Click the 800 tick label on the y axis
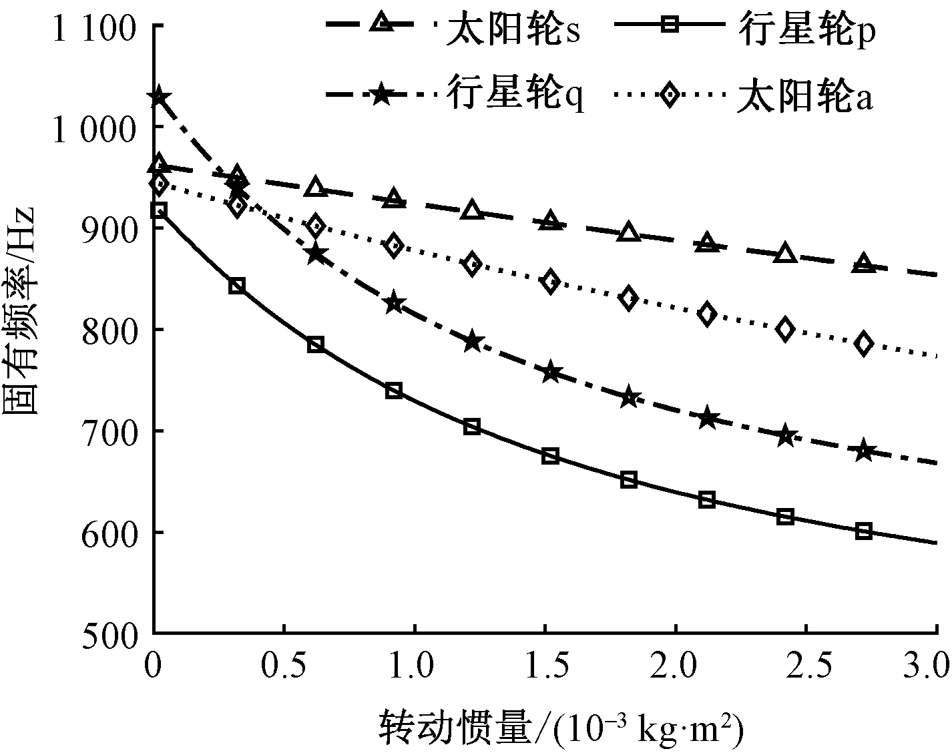pos(109,330)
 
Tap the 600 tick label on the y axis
pos(109,533)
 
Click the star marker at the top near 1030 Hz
pos(158,97)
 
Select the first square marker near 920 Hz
pos(158,211)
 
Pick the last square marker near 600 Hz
pos(863,531)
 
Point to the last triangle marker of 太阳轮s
pos(863,263)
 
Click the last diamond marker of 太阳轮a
pos(863,344)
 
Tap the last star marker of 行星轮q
pos(863,451)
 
